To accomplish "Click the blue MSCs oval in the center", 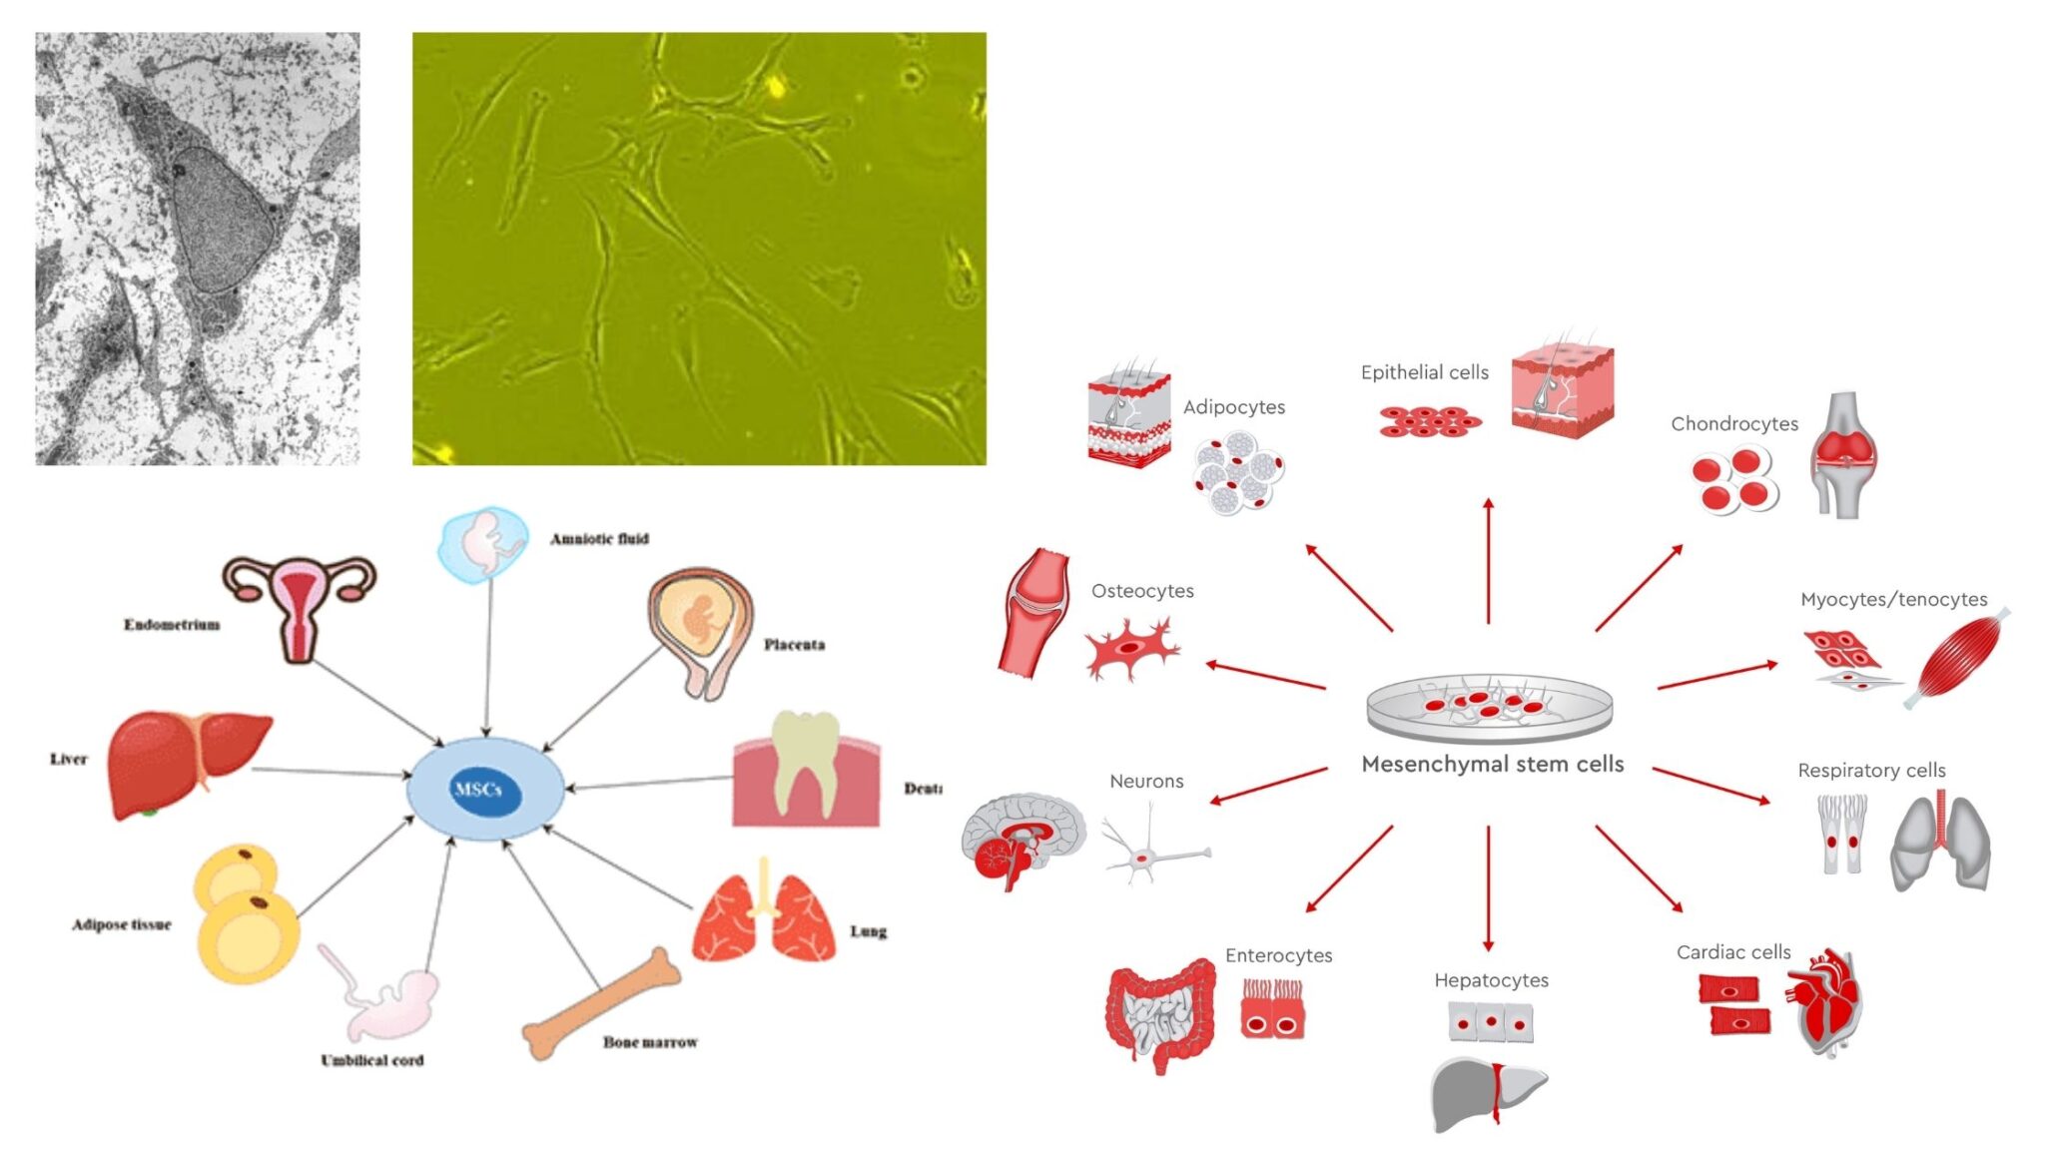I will coord(484,789).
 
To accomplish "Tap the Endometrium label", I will coord(172,625).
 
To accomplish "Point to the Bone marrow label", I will coord(650,1042).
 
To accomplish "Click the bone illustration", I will coord(601,1004).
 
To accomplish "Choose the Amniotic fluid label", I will coord(599,539).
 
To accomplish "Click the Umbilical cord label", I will coord(372,1060).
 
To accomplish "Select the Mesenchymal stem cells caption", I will coord(1492,765).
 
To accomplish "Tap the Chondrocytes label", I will coord(1734,424).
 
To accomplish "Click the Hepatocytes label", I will coord(1491,980).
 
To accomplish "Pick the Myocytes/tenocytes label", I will coord(1893,600).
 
